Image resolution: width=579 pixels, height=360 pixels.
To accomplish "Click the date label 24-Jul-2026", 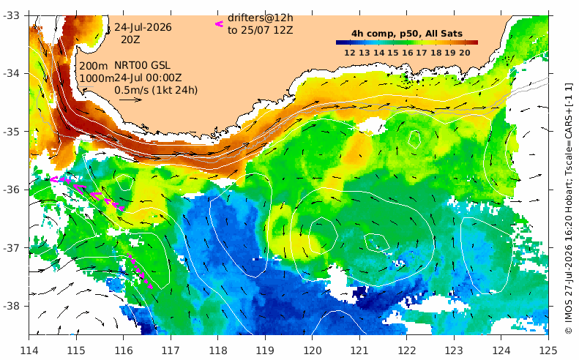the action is pos(143,27).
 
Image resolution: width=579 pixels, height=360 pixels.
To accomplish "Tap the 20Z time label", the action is pos(131,40).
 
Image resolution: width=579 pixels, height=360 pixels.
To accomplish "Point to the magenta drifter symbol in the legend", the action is pos(219,24).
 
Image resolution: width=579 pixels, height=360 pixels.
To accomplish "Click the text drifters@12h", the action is pos(261,18).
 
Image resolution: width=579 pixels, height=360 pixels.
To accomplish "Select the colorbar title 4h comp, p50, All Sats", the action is pos(407,34).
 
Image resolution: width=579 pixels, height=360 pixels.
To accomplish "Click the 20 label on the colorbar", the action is pos(465,53).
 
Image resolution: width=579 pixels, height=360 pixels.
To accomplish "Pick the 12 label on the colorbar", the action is pos(350,53).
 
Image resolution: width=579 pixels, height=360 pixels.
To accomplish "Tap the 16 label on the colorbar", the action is pos(407,53).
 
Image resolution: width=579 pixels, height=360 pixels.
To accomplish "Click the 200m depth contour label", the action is pos(94,67).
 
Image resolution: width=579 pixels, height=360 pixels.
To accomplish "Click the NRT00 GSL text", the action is pos(142,66).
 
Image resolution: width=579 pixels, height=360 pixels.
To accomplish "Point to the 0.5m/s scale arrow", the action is pos(131,100).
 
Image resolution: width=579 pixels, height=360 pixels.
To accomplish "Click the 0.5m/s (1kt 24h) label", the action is pos(156,90).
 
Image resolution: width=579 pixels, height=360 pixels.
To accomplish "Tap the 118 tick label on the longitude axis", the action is pos(218,350).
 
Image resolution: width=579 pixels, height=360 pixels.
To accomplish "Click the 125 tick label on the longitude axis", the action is pos(548,350).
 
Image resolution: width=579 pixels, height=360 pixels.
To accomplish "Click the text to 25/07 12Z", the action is pos(261,30).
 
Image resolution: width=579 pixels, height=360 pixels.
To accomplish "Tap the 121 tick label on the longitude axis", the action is pos(359,350).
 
